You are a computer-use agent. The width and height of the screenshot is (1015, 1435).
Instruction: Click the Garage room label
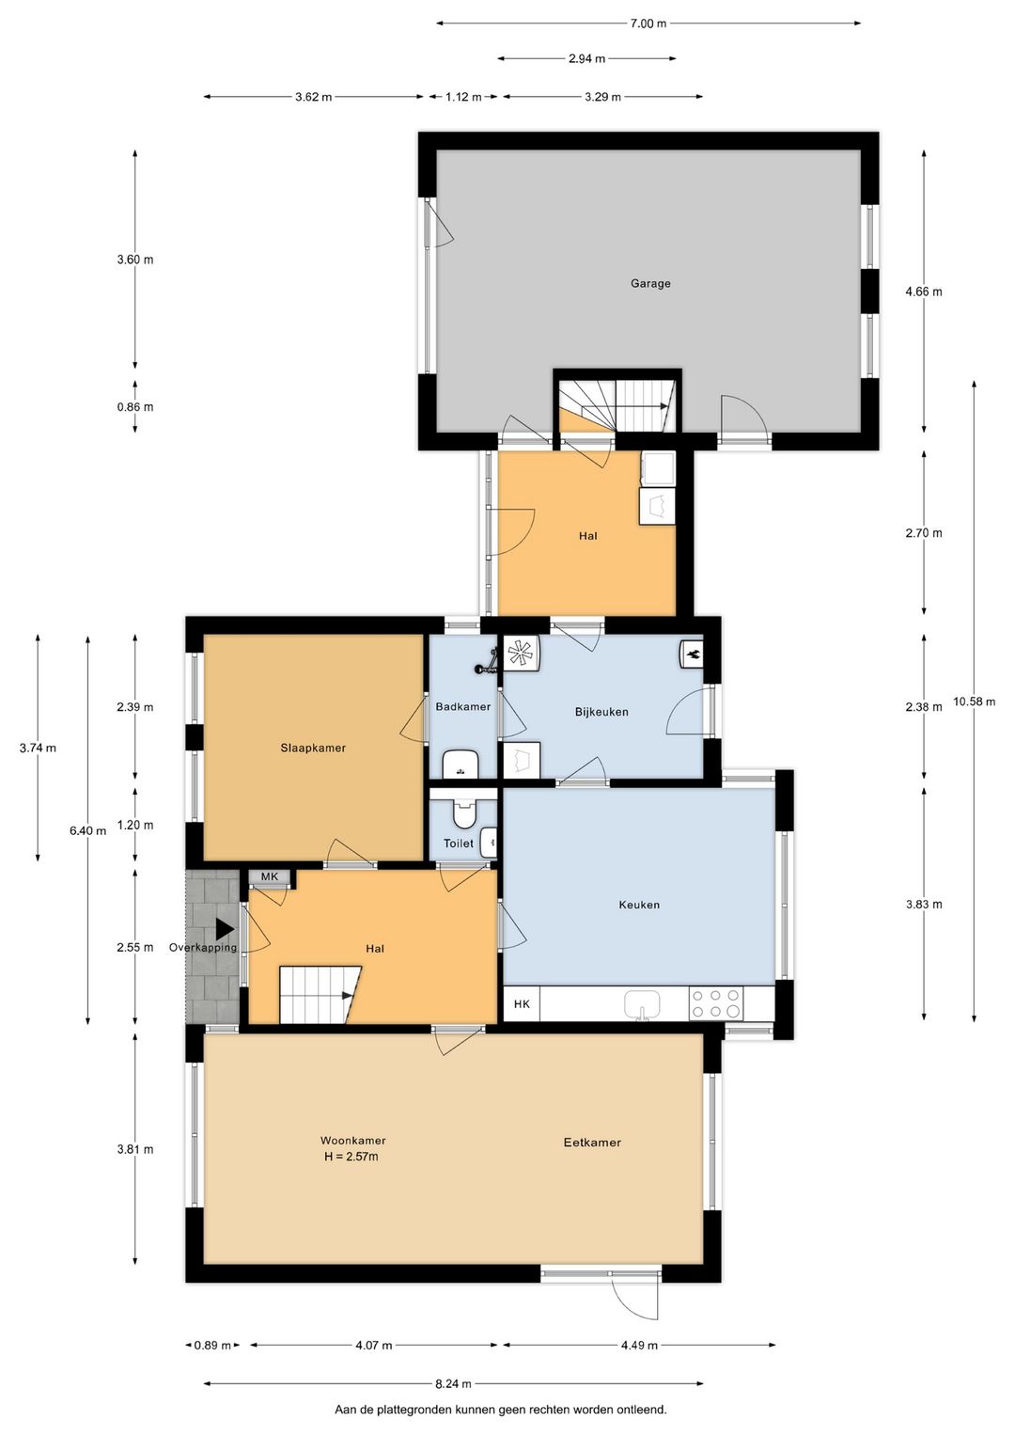point(650,283)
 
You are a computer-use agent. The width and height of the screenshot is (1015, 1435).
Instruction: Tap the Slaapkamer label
point(313,749)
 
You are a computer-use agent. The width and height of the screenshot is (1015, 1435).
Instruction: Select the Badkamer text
point(462,706)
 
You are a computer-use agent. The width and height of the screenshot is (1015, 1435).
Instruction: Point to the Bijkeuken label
point(601,712)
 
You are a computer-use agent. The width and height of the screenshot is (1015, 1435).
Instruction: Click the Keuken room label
point(639,905)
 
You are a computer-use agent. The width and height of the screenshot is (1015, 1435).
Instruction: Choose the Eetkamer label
point(592,1143)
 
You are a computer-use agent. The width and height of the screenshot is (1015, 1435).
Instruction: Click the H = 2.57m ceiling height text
point(351,1157)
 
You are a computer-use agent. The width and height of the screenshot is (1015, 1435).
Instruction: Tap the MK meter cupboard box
point(271,877)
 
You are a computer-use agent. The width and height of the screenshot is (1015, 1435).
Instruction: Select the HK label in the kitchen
point(522,1004)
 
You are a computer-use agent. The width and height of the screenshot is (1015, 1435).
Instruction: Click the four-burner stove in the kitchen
point(716,1003)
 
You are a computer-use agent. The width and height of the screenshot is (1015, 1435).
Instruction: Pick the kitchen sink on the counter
point(642,1004)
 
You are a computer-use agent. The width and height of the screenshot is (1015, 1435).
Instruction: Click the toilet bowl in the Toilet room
point(463,810)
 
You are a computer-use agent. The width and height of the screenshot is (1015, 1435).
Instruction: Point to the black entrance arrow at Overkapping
point(225,929)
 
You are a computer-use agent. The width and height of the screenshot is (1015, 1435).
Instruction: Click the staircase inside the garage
point(617,404)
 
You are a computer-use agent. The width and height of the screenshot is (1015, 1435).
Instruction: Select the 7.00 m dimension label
point(648,24)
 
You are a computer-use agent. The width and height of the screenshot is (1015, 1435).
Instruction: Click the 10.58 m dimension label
point(974,702)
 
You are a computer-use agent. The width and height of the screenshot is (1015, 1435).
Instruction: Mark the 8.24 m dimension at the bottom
point(453,1383)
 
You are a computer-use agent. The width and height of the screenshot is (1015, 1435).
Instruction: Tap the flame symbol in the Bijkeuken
point(692,653)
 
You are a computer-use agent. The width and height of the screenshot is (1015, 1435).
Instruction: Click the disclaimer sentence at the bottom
point(501,1410)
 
